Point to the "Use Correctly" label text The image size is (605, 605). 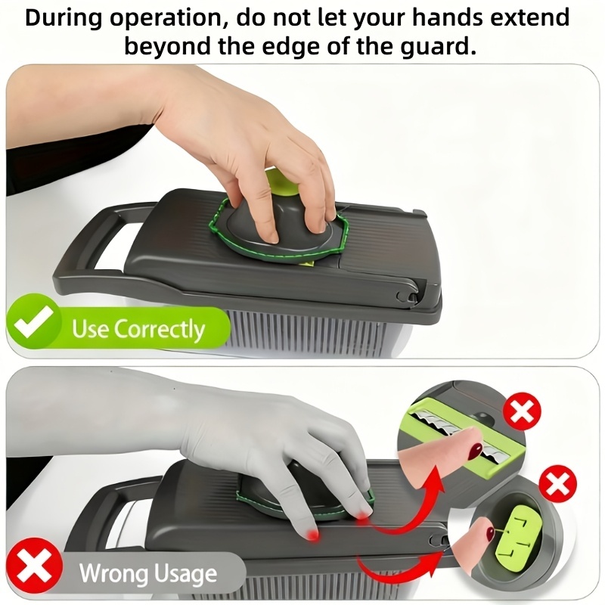(x=138, y=329)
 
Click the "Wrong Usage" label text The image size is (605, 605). (x=147, y=573)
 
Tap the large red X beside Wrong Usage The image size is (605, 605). (x=34, y=566)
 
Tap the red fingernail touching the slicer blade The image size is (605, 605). (x=475, y=451)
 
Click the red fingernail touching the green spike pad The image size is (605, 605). (x=490, y=534)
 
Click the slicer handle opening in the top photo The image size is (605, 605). (x=115, y=244)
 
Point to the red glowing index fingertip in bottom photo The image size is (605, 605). (x=312, y=534)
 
